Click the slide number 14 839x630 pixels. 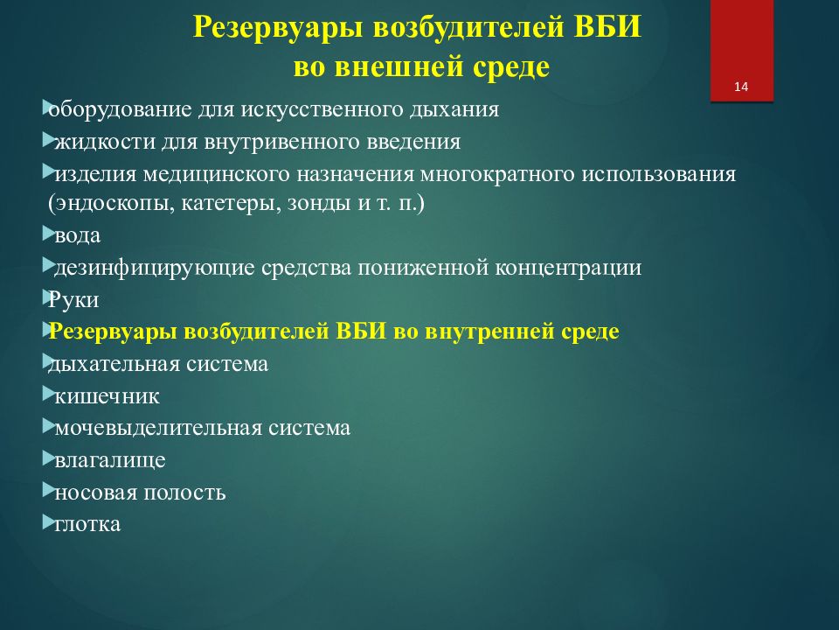[741, 87]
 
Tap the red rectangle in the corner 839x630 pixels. [742, 51]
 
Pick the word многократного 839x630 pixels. [497, 175]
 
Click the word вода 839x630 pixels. [78, 235]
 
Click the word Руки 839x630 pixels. [73, 299]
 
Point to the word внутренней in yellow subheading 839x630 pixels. [489, 332]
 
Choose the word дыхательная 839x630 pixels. [114, 364]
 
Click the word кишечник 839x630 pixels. [107, 396]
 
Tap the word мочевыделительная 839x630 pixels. [158, 428]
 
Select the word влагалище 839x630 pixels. [110, 461]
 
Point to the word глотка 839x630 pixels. [87, 524]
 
